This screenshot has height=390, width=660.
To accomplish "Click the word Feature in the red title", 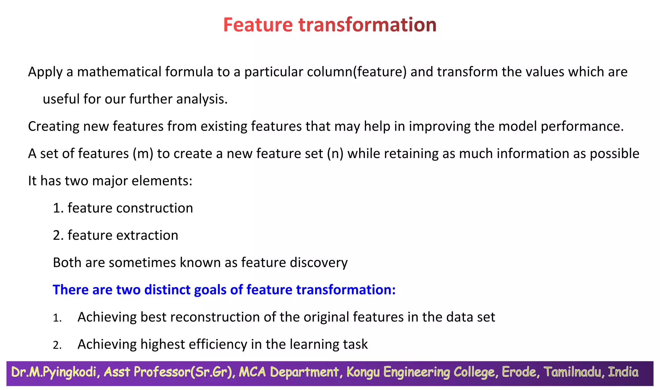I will pyautogui.click(x=258, y=25).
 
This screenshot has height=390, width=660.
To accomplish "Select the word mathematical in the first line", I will pyautogui.click(x=119, y=72).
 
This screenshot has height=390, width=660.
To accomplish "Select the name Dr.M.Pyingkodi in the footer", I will pyautogui.click(x=54, y=372).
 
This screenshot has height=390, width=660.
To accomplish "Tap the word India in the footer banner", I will pyautogui.click(x=623, y=372).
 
